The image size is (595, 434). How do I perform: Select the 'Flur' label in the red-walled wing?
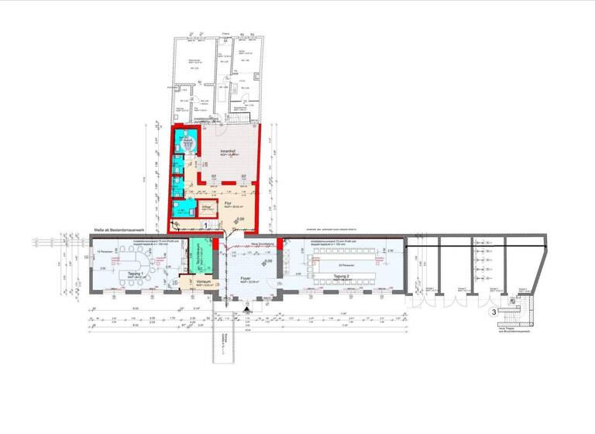(229, 203)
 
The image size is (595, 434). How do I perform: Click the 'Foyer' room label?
(246, 277)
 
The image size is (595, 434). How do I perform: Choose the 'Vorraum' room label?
(204, 281)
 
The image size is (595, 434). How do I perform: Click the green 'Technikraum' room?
(201, 260)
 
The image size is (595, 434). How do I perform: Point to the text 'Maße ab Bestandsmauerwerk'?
(116, 231)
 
